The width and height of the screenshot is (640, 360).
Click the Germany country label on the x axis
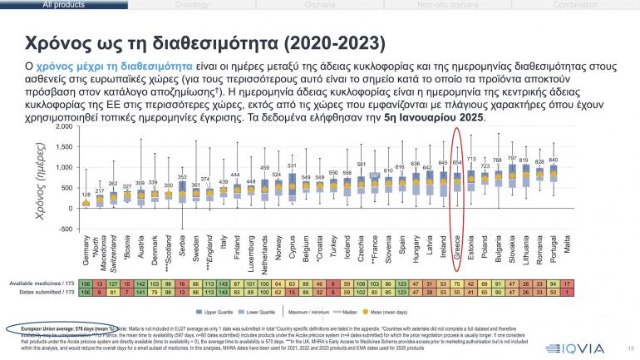click(x=86, y=250)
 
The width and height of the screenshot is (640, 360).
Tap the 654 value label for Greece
click(x=457, y=163)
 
